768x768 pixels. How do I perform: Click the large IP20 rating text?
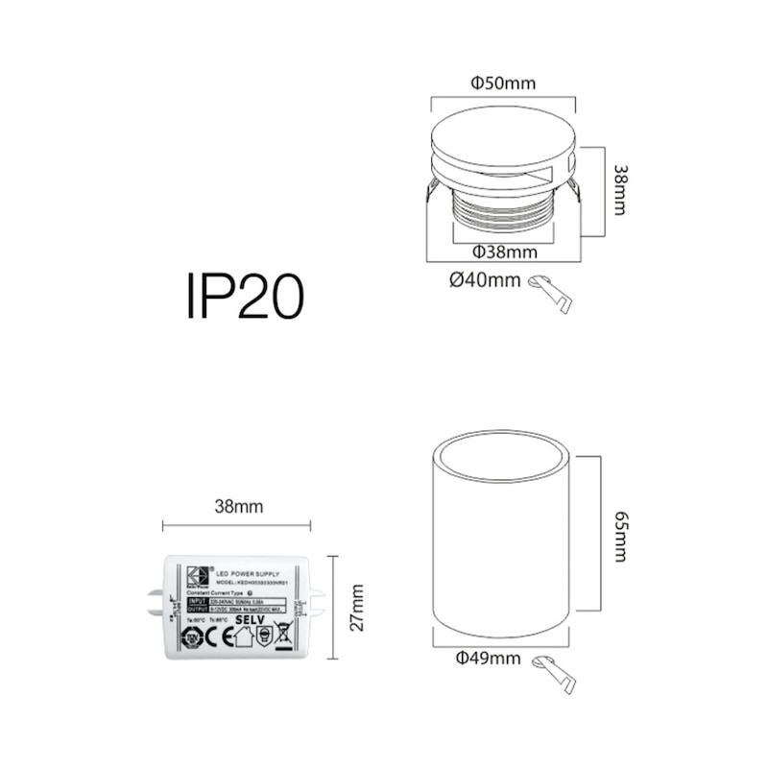(x=245, y=297)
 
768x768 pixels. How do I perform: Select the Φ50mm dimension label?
(x=503, y=84)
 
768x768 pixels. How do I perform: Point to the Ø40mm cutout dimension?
(x=485, y=280)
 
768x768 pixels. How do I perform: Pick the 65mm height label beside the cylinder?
(x=620, y=538)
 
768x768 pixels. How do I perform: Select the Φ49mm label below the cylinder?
(x=488, y=659)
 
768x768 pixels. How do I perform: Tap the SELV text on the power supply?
(x=250, y=620)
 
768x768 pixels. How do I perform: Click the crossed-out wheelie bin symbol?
(x=282, y=633)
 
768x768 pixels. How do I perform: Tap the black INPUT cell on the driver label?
(x=196, y=601)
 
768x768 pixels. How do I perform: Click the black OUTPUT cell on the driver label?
(x=196, y=609)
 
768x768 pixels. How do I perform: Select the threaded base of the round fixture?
(x=503, y=213)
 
